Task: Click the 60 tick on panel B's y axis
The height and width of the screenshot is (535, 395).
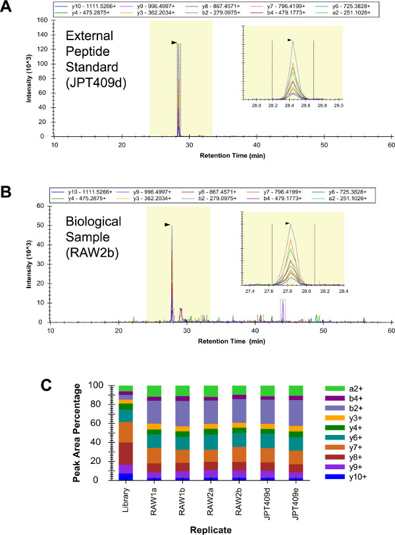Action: click(43, 205)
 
